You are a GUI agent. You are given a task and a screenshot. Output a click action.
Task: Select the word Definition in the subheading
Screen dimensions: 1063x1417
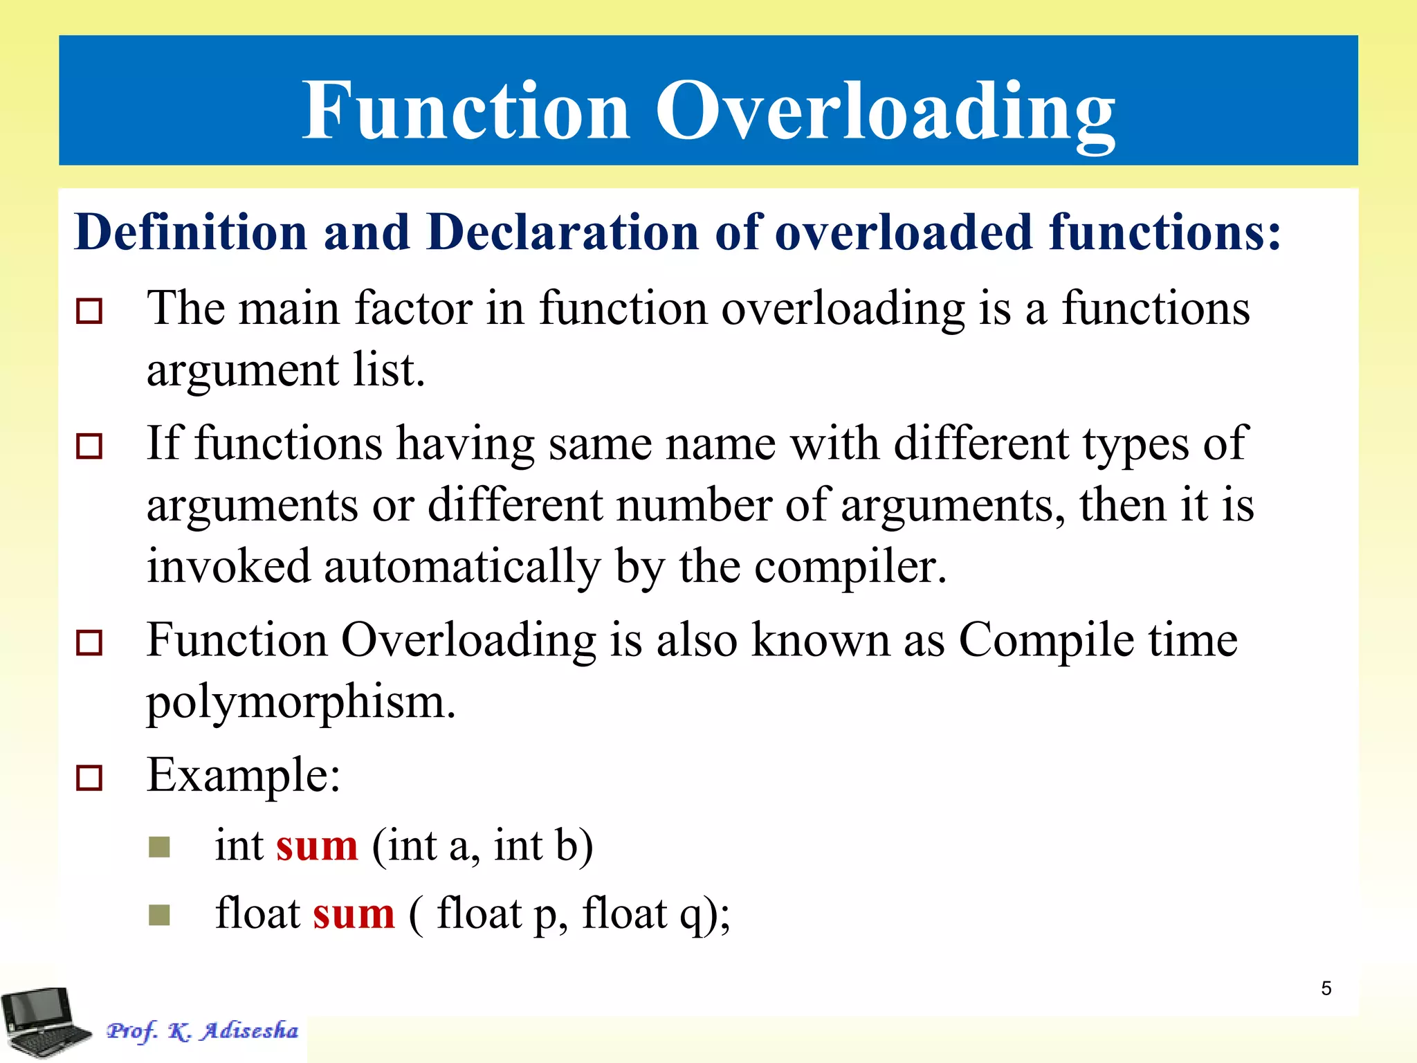coord(190,232)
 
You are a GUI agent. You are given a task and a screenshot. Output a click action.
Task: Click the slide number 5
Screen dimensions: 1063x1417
coord(1326,988)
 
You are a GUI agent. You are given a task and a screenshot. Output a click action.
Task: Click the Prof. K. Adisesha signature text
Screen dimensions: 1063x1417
coord(202,1031)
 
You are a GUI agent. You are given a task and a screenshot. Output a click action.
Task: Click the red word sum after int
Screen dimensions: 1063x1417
coord(317,846)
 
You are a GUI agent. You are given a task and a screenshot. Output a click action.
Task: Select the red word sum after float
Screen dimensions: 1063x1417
coord(354,914)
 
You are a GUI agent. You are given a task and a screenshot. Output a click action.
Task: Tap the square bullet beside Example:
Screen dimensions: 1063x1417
coord(89,778)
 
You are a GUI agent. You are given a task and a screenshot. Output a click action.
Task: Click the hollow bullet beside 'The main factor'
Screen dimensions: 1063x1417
coord(89,311)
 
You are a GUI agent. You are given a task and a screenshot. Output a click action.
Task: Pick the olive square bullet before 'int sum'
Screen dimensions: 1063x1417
coord(159,847)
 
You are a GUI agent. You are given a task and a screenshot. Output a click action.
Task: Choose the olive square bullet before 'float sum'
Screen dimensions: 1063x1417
coord(159,915)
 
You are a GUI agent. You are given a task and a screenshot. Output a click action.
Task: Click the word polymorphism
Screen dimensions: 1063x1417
coord(300,702)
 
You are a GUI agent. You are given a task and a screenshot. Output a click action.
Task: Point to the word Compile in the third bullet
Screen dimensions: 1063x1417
coord(1045,640)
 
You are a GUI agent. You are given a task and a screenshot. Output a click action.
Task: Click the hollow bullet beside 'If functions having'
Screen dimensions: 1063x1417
coord(89,446)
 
